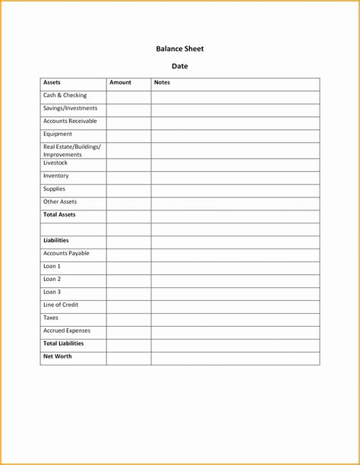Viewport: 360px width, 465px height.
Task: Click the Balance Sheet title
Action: point(180,49)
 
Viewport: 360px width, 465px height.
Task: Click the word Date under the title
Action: point(180,66)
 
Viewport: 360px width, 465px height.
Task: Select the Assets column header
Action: point(52,82)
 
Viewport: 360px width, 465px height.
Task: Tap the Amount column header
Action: point(120,82)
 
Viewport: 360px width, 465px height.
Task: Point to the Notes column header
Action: point(162,82)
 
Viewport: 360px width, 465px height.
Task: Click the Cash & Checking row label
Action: point(65,96)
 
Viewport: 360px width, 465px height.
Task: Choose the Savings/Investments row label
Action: point(70,109)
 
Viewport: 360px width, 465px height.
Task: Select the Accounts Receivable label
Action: point(70,122)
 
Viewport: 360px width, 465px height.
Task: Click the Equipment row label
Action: point(58,134)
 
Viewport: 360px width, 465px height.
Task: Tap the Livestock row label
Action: point(55,163)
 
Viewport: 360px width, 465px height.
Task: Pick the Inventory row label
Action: point(55,176)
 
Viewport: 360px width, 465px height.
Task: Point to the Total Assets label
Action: point(59,215)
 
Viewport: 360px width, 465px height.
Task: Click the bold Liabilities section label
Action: point(56,240)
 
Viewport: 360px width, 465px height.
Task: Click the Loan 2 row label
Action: point(52,279)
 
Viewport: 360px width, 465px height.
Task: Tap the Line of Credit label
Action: point(61,305)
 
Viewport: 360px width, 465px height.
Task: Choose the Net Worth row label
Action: point(57,356)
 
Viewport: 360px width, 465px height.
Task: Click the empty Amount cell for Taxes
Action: point(128,319)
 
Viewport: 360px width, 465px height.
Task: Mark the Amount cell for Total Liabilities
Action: point(128,345)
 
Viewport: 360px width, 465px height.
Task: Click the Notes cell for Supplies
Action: point(235,190)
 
